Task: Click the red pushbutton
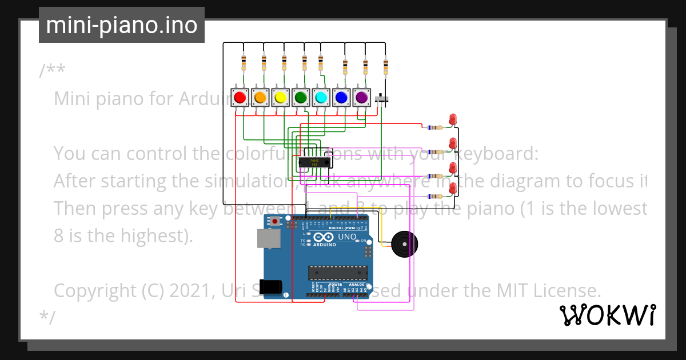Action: [x=240, y=98]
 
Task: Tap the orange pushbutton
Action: [x=260, y=98]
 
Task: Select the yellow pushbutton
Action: [x=280, y=98]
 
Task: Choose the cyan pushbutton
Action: [x=321, y=98]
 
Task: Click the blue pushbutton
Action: [x=341, y=98]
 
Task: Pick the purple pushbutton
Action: [x=361, y=98]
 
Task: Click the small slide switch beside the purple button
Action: [x=382, y=101]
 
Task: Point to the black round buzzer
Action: [x=402, y=245]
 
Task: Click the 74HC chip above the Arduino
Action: [x=314, y=162]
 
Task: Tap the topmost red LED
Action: [x=453, y=119]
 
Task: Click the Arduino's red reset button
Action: [x=276, y=221]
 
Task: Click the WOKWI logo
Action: [x=607, y=315]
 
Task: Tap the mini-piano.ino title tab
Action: [x=122, y=25]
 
